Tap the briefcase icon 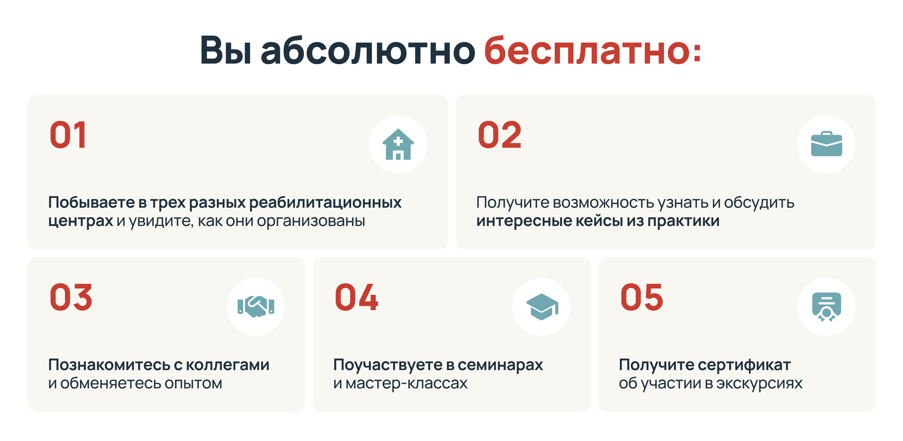point(827,144)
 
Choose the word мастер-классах point(407,383)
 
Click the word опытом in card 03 point(194,383)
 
